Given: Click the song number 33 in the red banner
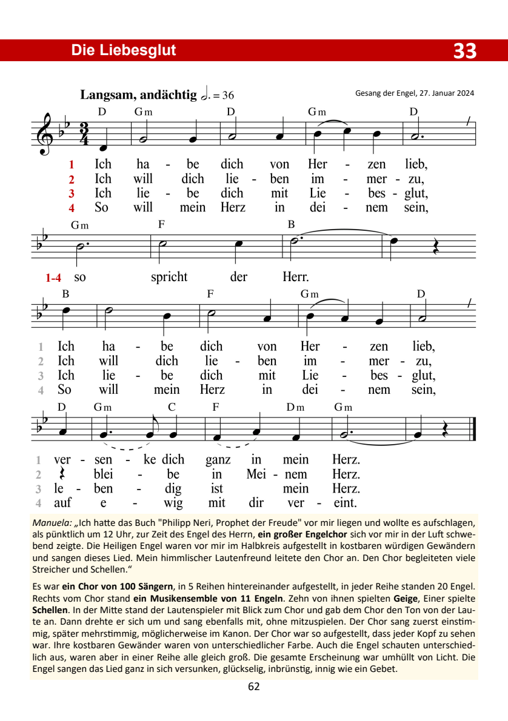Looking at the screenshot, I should pyautogui.click(x=465, y=51).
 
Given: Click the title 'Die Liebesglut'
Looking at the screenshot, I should pyautogui.click(x=124, y=50).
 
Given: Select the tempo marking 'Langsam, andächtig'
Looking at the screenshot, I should pyautogui.click(x=138, y=95).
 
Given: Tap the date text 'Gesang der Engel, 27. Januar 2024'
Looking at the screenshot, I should pyautogui.click(x=415, y=93).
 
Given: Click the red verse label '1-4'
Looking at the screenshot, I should pyautogui.click(x=53, y=278).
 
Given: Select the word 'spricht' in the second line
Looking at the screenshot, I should pyautogui.click(x=169, y=277).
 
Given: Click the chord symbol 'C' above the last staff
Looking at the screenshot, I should pyautogui.click(x=172, y=407).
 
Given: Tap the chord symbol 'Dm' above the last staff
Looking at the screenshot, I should pyautogui.click(x=295, y=407).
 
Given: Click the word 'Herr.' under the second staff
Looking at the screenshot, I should pyautogui.click(x=296, y=277).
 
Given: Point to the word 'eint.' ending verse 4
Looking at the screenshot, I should pyautogui.click(x=346, y=502).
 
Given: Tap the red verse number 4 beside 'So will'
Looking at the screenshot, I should pyautogui.click(x=72, y=208).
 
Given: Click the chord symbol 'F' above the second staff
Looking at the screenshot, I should pyautogui.click(x=161, y=224).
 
